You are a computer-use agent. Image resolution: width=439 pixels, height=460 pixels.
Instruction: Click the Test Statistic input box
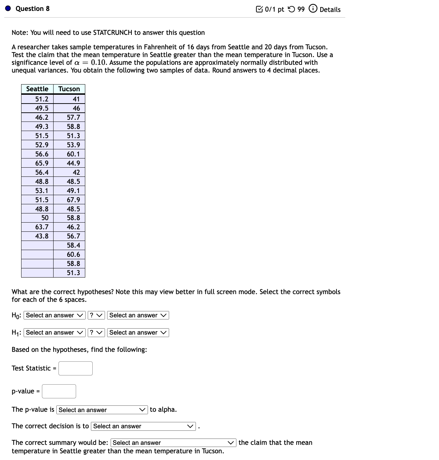(x=75, y=368)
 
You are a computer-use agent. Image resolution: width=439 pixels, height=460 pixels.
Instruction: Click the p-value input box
(x=59, y=391)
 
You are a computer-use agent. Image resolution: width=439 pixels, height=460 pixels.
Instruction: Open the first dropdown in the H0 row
(x=55, y=315)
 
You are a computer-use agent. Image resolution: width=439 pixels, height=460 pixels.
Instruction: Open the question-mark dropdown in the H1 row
(x=96, y=332)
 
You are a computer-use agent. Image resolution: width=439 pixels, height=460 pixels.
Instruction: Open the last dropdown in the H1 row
(x=138, y=332)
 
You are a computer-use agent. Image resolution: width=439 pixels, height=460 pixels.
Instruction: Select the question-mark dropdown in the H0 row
(x=96, y=315)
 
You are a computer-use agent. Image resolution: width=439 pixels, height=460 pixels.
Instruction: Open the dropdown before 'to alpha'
(x=102, y=410)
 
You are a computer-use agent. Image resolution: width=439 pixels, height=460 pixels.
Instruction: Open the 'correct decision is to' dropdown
(x=143, y=426)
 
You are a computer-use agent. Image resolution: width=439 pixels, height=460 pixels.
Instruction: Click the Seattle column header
(x=37, y=89)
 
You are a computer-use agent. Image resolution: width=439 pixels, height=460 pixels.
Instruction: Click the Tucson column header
(x=69, y=89)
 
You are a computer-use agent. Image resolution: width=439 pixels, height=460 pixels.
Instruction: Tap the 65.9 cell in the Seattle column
(x=42, y=163)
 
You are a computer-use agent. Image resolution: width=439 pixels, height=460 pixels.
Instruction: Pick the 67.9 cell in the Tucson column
(x=73, y=200)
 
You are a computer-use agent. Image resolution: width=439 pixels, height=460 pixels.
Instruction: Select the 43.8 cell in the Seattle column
(x=42, y=236)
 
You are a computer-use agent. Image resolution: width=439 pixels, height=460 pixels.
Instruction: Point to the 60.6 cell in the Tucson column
(x=73, y=254)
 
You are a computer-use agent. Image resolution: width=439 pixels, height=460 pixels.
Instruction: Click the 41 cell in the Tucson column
(x=76, y=99)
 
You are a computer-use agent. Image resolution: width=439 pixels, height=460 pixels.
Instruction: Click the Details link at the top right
(x=330, y=10)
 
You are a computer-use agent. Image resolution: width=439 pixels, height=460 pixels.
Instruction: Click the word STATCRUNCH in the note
(x=112, y=33)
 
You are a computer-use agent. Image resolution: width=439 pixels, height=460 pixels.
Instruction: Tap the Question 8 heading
(x=32, y=8)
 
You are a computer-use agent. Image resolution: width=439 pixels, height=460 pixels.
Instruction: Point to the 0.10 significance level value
(x=99, y=62)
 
